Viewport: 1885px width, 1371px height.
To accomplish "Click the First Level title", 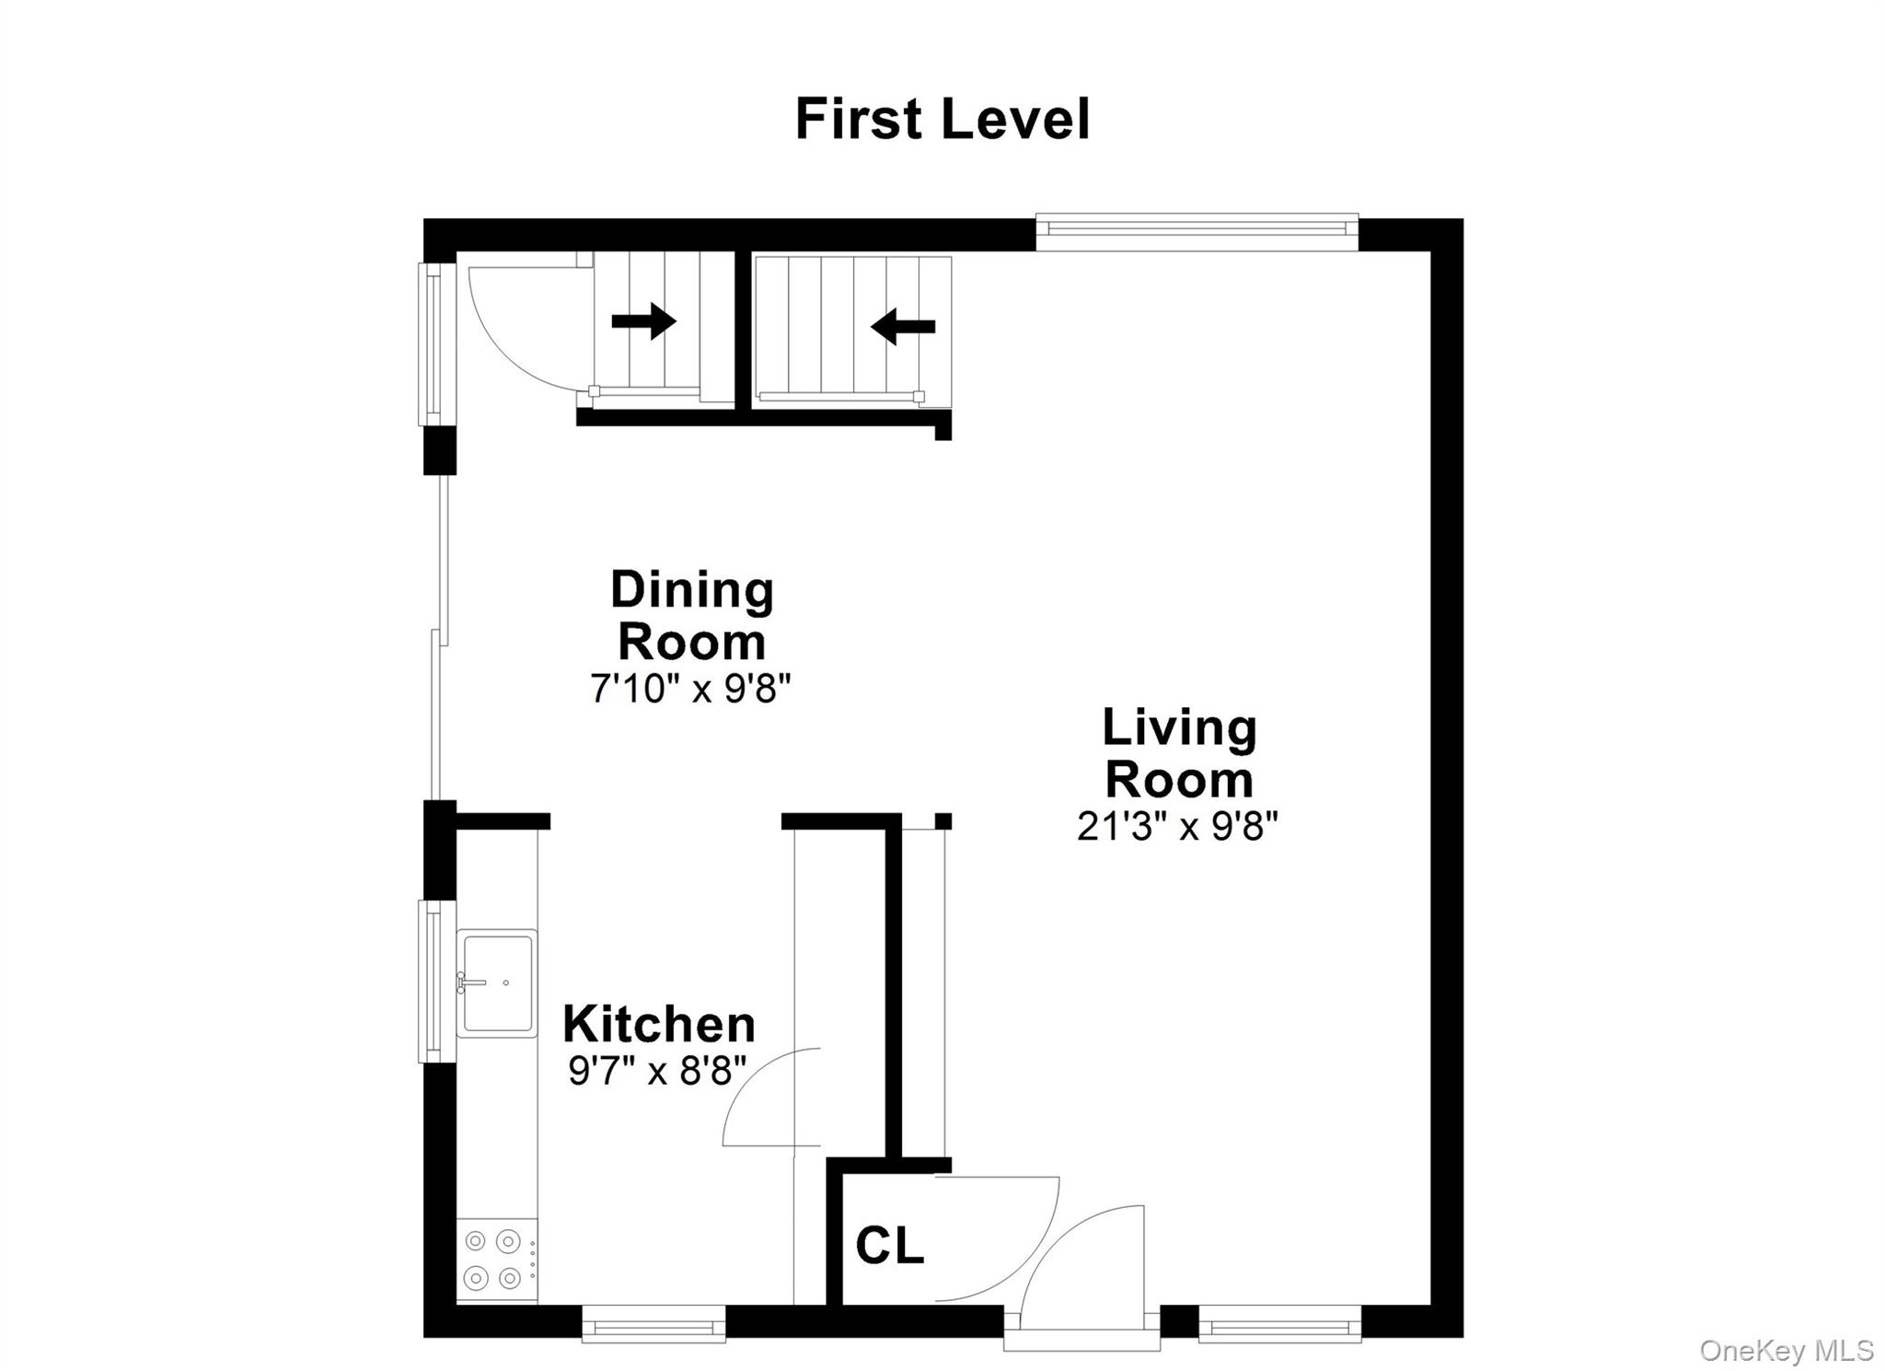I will tap(942, 120).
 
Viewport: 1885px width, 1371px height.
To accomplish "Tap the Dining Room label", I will tap(691, 615).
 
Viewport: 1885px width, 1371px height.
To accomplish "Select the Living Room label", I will tap(1179, 753).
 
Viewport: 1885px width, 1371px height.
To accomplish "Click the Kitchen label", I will tap(659, 1024).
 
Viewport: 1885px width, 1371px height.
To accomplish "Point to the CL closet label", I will tap(889, 1246).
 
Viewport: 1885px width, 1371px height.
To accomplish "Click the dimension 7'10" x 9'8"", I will tap(690, 688).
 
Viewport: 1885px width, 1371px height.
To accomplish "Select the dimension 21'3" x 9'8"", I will tap(1177, 826).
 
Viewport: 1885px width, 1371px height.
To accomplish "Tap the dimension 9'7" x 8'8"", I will tap(657, 1070).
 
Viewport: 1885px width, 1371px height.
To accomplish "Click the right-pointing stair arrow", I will tap(643, 321).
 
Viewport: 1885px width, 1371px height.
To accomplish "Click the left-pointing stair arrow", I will tap(903, 326).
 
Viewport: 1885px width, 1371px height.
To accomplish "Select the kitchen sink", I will tap(497, 982).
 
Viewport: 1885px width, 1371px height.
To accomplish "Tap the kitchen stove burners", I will tap(493, 1259).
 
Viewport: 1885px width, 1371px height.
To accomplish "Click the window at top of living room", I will tap(1196, 231).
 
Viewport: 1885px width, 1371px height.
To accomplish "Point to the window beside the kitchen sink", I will tap(436, 982).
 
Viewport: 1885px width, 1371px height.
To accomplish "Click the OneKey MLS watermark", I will tap(1786, 1350).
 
